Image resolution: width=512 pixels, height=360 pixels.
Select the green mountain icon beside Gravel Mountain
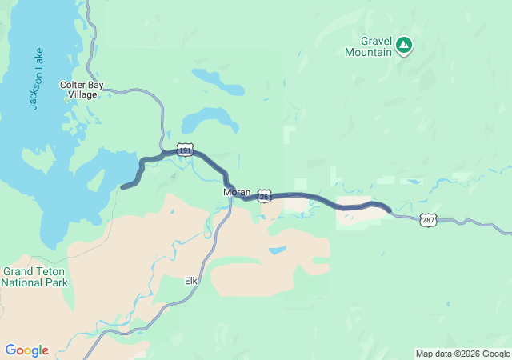[x=404, y=46]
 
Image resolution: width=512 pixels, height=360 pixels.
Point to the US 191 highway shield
[x=185, y=150]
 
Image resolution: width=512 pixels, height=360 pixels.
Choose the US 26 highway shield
[x=266, y=194]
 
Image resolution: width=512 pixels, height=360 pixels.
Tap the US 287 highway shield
[x=428, y=220]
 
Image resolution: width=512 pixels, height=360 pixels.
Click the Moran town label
[x=237, y=193]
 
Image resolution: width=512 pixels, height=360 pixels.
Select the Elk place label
[x=191, y=281]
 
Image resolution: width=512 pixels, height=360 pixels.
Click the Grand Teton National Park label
[x=34, y=277]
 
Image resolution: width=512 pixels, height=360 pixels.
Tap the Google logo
[x=26, y=350]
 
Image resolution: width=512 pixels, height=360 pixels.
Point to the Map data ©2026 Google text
[x=462, y=354]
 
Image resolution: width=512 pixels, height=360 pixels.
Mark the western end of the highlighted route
[x=122, y=188]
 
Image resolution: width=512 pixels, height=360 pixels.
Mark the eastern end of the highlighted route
[x=390, y=211]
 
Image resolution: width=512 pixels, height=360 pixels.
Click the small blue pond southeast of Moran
[x=278, y=250]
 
